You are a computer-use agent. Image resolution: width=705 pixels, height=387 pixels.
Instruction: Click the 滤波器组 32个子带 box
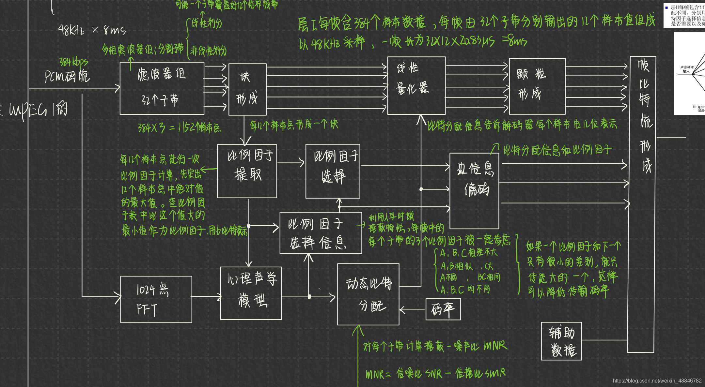tap(162, 88)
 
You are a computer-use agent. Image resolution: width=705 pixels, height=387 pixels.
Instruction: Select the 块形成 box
tap(247, 89)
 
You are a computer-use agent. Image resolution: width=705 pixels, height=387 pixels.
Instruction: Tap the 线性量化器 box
tap(416, 85)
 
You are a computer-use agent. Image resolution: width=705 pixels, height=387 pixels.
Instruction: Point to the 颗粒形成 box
tap(537, 86)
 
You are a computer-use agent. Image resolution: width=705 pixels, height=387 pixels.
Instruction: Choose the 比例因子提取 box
tap(247, 171)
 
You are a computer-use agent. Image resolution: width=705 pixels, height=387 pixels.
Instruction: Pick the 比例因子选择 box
tap(333, 171)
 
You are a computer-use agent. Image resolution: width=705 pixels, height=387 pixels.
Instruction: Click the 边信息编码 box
tap(474, 191)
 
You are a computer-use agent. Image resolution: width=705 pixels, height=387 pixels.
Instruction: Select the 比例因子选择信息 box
tap(321, 233)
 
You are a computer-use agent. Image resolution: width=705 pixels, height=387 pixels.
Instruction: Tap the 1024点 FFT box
tap(156, 299)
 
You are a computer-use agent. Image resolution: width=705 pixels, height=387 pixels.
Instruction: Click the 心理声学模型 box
tap(251, 293)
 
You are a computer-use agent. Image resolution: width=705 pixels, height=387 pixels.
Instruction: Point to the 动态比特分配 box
tap(368, 294)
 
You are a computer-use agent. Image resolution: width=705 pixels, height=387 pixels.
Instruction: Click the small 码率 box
tap(443, 309)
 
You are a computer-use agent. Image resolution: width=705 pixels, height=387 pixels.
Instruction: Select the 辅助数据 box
tap(561, 341)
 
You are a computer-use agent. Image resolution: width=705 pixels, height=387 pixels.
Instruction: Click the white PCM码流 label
tap(67, 76)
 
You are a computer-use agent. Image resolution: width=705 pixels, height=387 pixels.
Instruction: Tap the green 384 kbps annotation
tap(73, 61)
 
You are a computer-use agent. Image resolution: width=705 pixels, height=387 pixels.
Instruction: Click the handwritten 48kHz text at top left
tap(71, 30)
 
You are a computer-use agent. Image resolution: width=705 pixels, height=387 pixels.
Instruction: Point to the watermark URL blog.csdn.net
tap(657, 380)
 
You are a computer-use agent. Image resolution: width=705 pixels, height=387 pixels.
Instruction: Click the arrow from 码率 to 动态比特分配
tap(413, 309)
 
